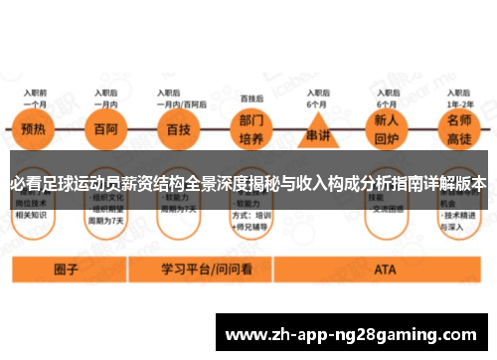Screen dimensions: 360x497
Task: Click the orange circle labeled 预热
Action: pyautogui.click(x=34, y=130)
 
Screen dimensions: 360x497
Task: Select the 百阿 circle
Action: pyautogui.click(x=106, y=130)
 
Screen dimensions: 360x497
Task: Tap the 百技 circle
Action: pyautogui.click(x=179, y=130)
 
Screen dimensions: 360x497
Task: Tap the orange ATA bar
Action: pyautogui.click(x=384, y=269)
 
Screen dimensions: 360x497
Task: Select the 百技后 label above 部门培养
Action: pyautogui.click(x=251, y=99)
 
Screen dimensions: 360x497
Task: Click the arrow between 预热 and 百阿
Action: pyautogui.click(x=71, y=130)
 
